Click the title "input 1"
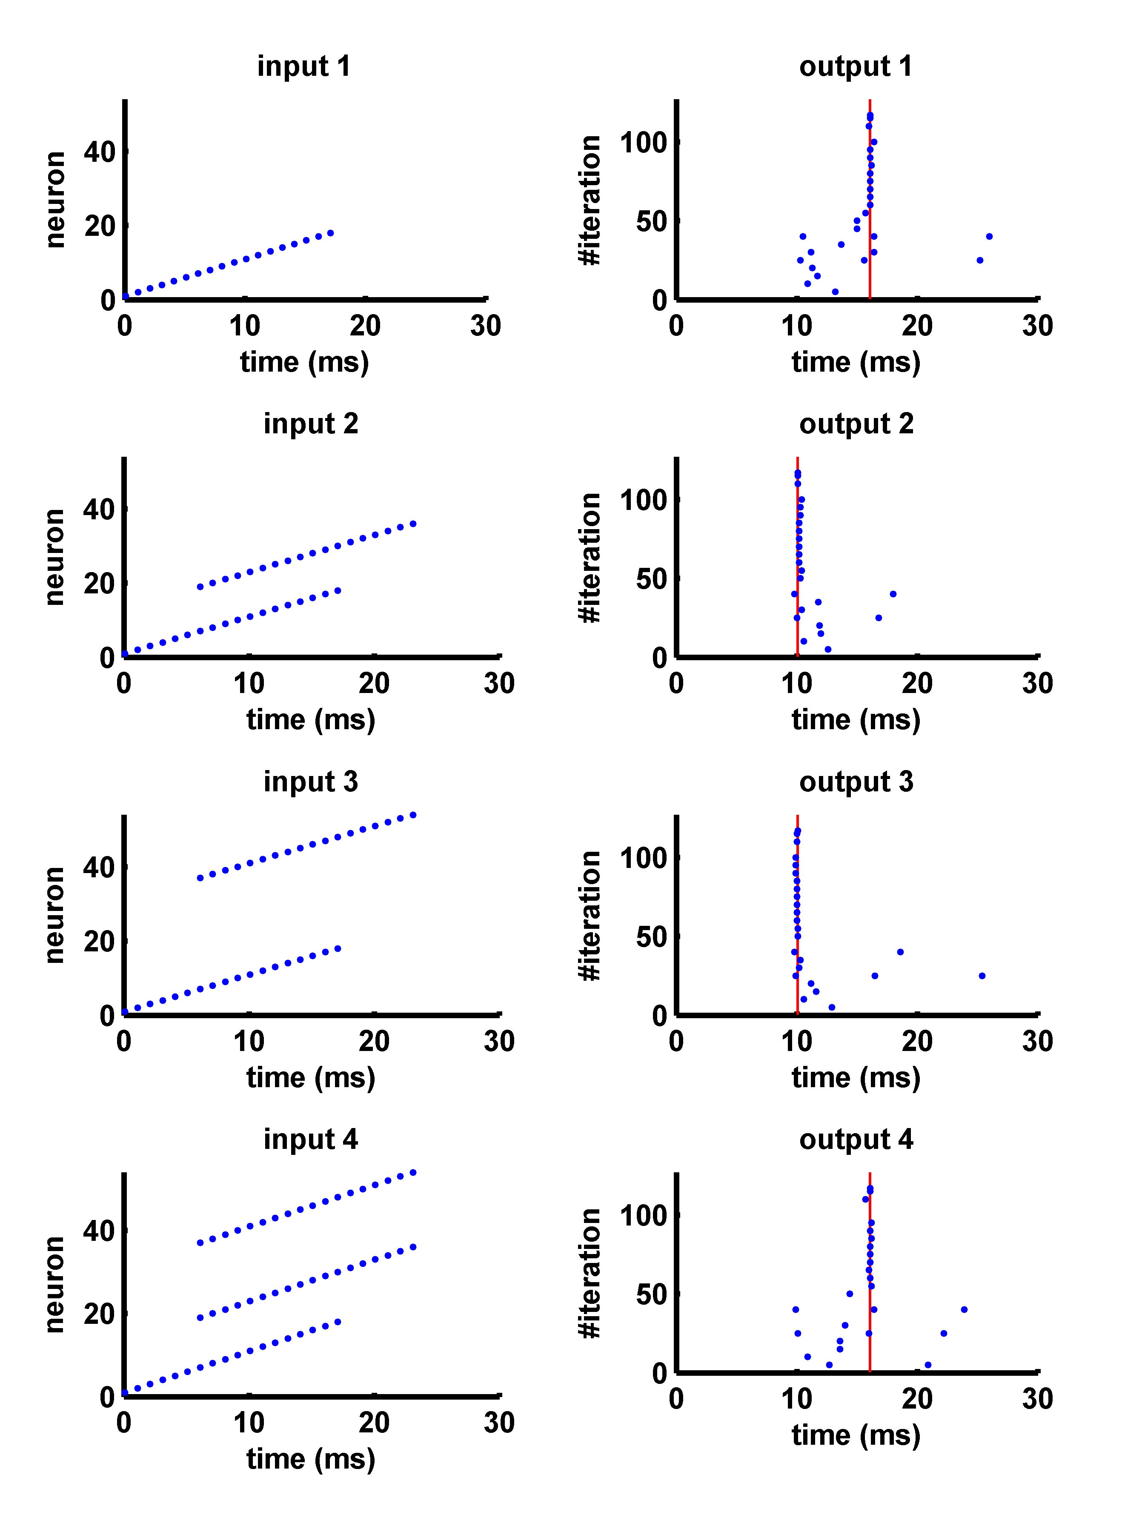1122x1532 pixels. tap(303, 66)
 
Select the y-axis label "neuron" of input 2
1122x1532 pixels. tap(54, 557)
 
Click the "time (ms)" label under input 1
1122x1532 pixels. tap(304, 362)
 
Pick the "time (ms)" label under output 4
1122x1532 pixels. tap(856, 1435)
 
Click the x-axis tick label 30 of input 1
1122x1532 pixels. tap(486, 326)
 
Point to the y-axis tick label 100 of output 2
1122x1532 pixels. tap(643, 501)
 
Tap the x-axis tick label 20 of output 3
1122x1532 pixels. tap(917, 1041)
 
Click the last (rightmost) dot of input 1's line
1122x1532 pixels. tap(331, 233)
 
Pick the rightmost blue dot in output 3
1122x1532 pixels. tap(982, 976)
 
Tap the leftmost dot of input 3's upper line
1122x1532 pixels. tap(200, 878)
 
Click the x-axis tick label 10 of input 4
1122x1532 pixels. tap(249, 1423)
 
